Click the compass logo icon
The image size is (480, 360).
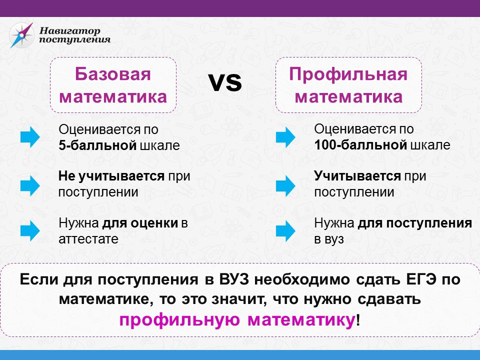click(21, 35)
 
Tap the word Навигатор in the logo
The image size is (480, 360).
click(70, 30)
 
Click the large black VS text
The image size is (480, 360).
click(225, 82)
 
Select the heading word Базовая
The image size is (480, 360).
click(113, 74)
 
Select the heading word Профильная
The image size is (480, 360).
click(348, 74)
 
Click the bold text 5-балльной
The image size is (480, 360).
click(97, 145)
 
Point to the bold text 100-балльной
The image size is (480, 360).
click(360, 145)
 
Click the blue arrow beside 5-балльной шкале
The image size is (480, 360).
click(30, 137)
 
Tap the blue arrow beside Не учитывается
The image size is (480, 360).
click(30, 185)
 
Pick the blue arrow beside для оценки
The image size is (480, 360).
click(30, 231)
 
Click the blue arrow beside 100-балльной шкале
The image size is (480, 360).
click(285, 137)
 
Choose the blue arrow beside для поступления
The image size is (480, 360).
click(285, 231)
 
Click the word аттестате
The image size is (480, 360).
click(88, 239)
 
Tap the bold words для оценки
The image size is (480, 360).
click(140, 223)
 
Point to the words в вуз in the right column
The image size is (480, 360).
click(329, 239)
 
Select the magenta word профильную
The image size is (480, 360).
click(179, 320)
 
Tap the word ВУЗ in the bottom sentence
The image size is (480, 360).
click(234, 279)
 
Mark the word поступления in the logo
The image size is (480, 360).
click(74, 39)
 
